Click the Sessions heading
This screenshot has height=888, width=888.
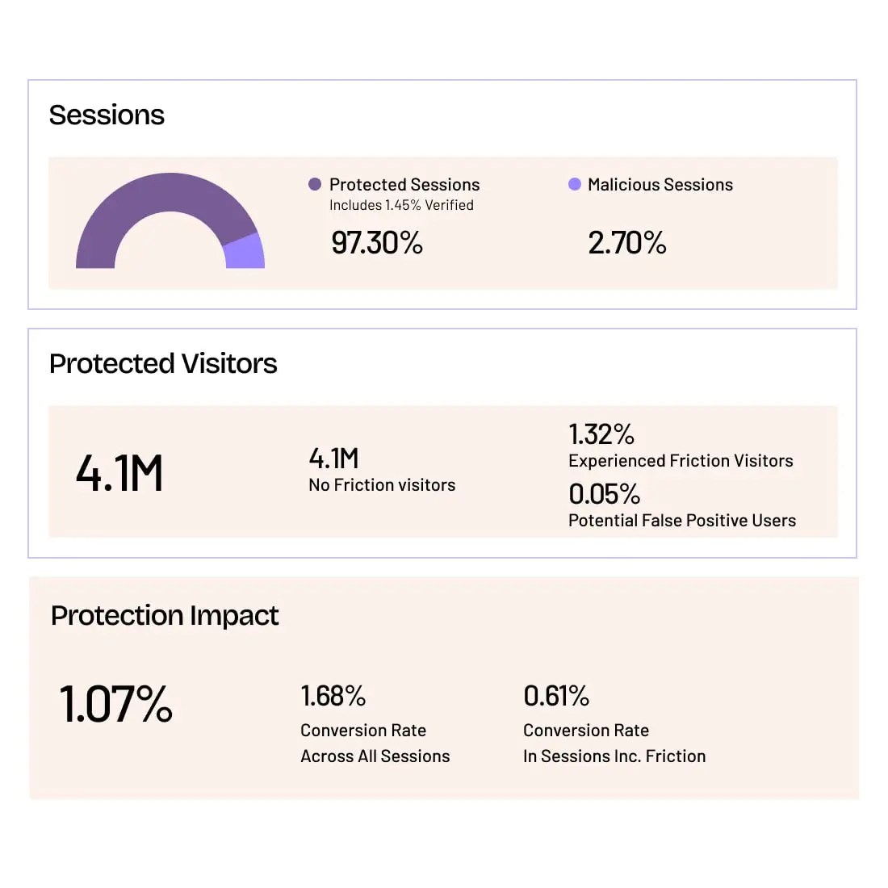point(107,115)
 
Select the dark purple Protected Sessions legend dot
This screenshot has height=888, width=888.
point(315,184)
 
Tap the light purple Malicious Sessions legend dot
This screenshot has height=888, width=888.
point(575,184)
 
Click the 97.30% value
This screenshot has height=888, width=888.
point(377,243)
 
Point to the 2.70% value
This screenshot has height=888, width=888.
point(627,243)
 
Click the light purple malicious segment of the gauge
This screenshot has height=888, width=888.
point(245,252)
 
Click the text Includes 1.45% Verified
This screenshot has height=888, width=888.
point(401,205)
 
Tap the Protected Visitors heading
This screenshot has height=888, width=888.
point(163,364)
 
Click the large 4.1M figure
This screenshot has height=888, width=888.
point(119,473)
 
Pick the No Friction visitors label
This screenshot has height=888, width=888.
point(382,485)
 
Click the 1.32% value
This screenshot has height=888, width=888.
point(601,434)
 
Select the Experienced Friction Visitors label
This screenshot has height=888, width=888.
point(681,461)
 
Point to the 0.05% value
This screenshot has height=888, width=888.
point(604,493)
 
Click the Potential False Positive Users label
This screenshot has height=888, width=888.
point(682,521)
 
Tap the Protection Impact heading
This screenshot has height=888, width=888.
point(165,616)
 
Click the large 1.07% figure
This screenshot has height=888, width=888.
point(116,704)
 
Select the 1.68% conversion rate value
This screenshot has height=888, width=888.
point(333,696)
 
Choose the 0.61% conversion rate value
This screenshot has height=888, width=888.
point(556,696)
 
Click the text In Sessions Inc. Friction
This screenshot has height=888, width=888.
point(614,756)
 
